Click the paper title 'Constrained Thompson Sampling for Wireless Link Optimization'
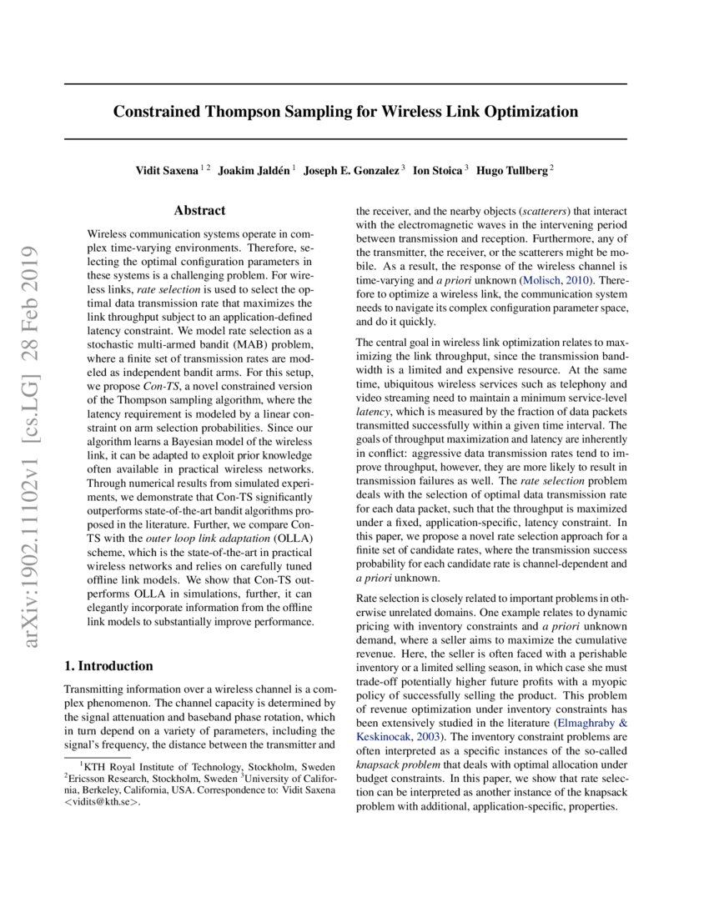click(x=345, y=111)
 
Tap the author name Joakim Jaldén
click(x=254, y=170)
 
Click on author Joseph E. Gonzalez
click(x=351, y=170)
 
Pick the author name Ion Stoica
click(x=438, y=170)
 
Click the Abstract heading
click(x=199, y=211)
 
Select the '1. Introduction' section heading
click(x=108, y=666)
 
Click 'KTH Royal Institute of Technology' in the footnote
click(x=148, y=764)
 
